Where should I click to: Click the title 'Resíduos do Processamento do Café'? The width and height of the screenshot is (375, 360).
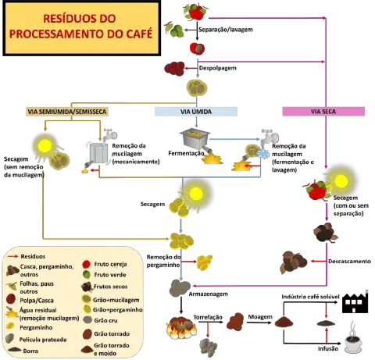(80, 30)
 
